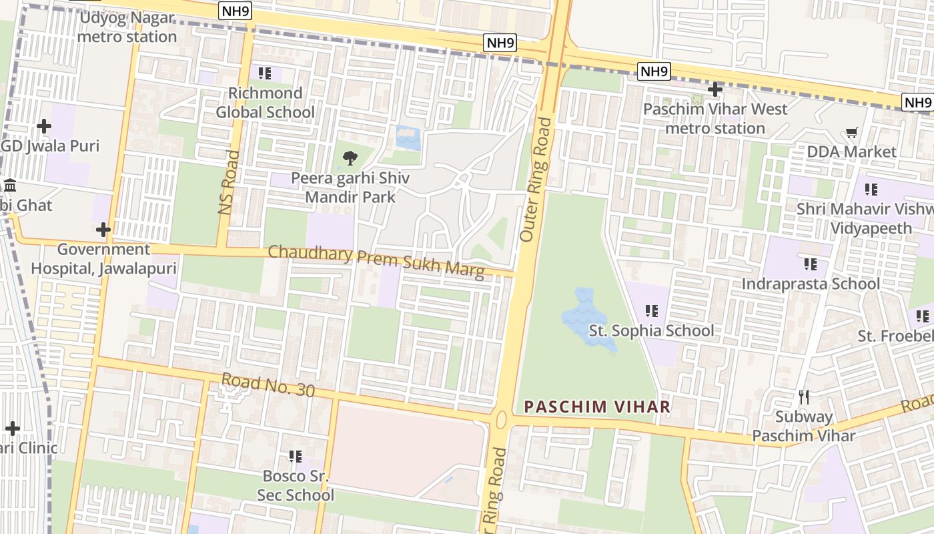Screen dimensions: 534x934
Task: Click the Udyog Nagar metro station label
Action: click(127, 27)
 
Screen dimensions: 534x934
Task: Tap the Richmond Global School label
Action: click(265, 102)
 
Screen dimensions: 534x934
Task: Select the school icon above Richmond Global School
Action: click(265, 73)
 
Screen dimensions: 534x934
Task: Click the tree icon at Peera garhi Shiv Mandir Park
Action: click(350, 158)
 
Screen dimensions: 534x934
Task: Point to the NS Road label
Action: click(229, 182)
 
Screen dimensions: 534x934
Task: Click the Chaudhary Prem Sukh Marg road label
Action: click(376, 262)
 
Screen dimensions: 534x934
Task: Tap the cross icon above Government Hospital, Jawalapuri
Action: click(103, 230)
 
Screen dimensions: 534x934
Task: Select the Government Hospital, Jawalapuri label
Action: click(103, 259)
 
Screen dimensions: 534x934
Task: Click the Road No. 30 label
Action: click(268, 385)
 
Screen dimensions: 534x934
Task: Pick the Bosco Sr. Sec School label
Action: click(296, 486)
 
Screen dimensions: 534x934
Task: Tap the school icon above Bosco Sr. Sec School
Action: click(295, 457)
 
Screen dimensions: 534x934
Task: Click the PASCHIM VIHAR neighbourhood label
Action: click(597, 407)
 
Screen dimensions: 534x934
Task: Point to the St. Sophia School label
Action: click(651, 330)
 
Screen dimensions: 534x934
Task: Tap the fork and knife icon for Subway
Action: click(804, 397)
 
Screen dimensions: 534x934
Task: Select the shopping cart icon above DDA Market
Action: click(851, 133)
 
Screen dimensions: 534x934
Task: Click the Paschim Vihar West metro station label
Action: click(715, 118)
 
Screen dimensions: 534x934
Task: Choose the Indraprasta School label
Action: click(811, 284)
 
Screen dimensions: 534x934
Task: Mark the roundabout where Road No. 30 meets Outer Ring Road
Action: click(501, 419)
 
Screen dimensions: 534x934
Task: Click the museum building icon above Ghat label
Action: click(10, 185)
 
